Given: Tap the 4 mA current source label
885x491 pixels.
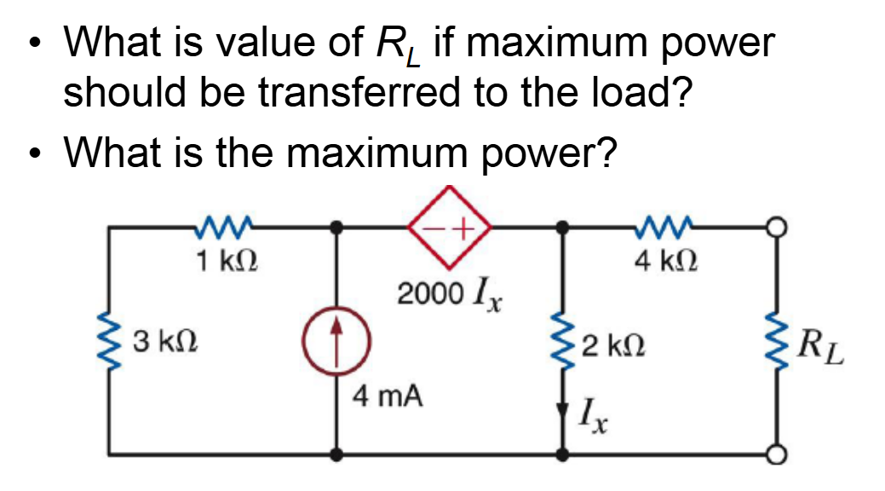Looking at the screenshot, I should pos(389,396).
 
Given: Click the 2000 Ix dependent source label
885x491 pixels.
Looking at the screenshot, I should pos(451,294).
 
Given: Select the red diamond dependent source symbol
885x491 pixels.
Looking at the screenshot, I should pos(451,228).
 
